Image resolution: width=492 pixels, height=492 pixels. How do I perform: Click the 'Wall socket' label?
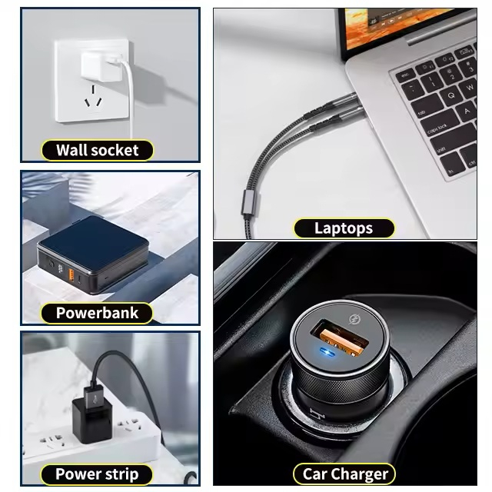click(x=97, y=150)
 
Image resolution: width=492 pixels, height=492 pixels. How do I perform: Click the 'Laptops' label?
click(x=344, y=228)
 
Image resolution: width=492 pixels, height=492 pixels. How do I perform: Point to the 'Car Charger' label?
click(x=344, y=474)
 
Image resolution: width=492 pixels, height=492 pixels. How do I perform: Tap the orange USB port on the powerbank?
click(x=75, y=274)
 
